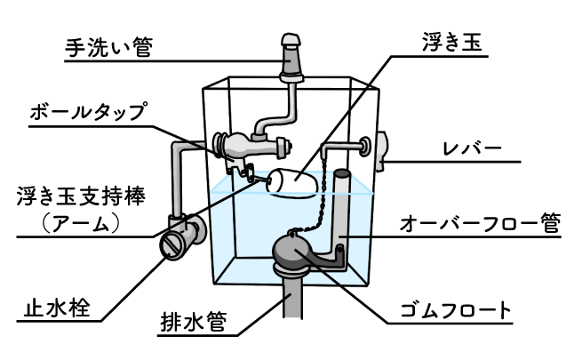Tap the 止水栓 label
click(51, 311)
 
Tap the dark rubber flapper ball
click(294, 252)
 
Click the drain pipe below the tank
click(294, 307)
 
